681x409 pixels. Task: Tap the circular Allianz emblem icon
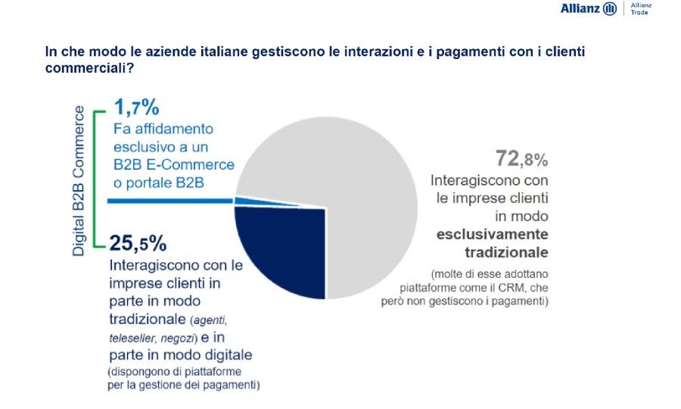[611, 9]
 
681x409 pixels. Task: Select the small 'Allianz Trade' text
[641, 8]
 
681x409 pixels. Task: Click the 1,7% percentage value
[137, 108]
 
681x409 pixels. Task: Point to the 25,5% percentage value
[138, 244]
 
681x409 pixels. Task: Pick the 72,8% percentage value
[521, 159]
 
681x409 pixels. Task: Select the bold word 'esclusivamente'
[492, 234]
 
